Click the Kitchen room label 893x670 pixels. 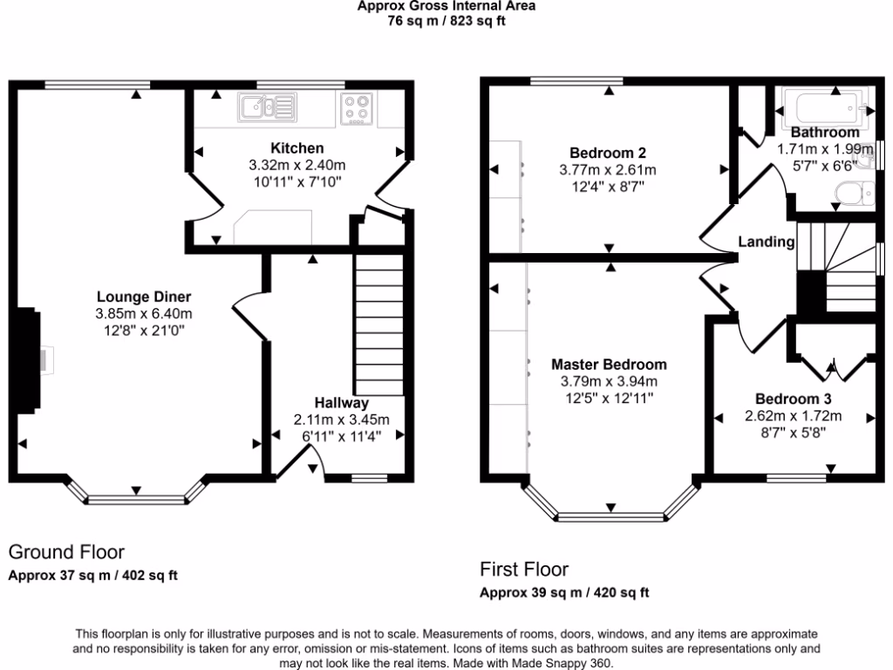tap(297, 148)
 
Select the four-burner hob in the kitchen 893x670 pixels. tap(357, 108)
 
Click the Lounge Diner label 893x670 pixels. tap(144, 297)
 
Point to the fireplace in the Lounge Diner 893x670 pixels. tap(29, 359)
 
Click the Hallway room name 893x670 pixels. tap(342, 403)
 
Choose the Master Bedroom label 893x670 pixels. tap(608, 365)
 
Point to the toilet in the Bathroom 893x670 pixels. tap(849, 192)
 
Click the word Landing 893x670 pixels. tap(767, 242)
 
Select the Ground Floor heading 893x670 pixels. tap(66, 552)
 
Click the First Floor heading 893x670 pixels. tap(524, 570)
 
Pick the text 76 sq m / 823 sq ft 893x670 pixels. tap(446, 21)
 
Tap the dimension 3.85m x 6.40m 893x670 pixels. tap(144, 314)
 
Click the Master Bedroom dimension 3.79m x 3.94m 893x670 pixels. tap(608, 381)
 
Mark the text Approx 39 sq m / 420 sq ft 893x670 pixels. tap(564, 593)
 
